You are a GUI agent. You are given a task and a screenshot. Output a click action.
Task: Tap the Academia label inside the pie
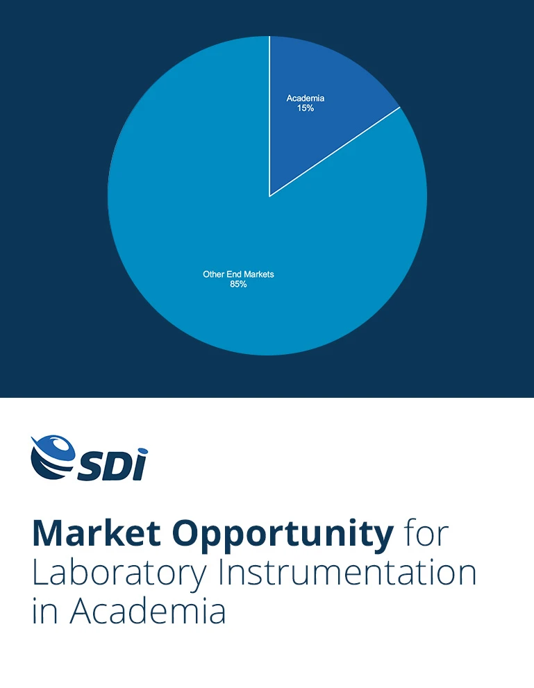[x=306, y=99]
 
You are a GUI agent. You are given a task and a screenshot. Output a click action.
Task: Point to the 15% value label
[x=306, y=108]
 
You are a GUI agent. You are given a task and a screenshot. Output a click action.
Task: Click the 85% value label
[x=238, y=284]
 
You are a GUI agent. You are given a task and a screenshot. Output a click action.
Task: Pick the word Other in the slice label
[x=213, y=274]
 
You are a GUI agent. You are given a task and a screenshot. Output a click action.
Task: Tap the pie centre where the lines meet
[x=269, y=196]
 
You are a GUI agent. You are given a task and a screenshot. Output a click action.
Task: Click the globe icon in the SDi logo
[x=53, y=455]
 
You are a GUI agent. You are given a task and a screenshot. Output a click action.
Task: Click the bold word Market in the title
[x=96, y=533]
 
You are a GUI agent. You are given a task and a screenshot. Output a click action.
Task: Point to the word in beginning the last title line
[x=44, y=612]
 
